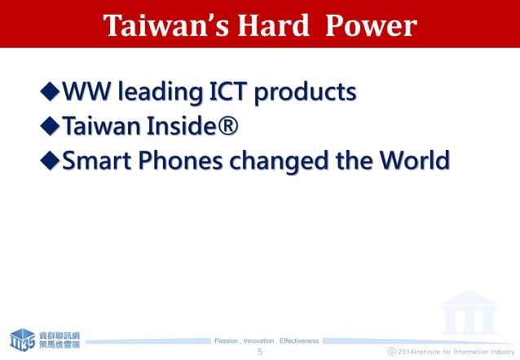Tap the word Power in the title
click(371, 26)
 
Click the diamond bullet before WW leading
click(50, 93)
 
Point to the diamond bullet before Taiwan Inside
click(50, 127)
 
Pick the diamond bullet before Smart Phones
click(50, 160)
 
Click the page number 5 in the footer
click(260, 352)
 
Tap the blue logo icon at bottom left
click(22, 339)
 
